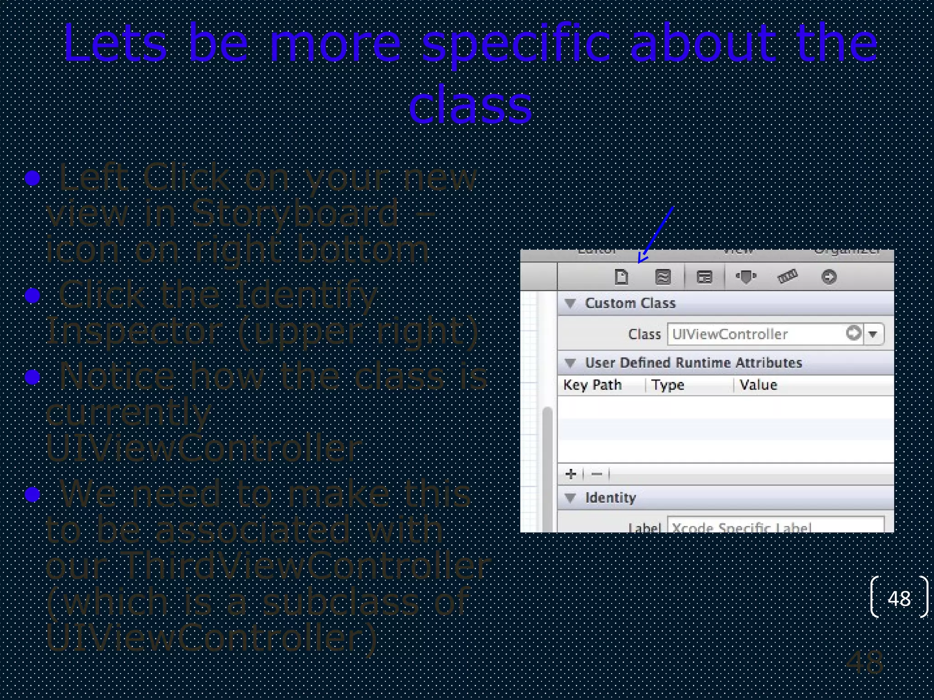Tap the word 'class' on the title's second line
470,106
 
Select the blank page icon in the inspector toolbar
621,277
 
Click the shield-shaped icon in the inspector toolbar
746,277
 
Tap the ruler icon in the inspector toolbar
787,276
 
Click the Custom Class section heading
630,303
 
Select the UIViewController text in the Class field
730,334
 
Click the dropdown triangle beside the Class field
873,334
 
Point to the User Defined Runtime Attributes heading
693,363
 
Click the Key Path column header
592,385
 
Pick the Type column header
668,385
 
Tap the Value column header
758,385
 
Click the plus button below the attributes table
571,474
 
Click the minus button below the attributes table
597,474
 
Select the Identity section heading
610,498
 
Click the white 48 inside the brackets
899,598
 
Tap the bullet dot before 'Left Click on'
32,178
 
